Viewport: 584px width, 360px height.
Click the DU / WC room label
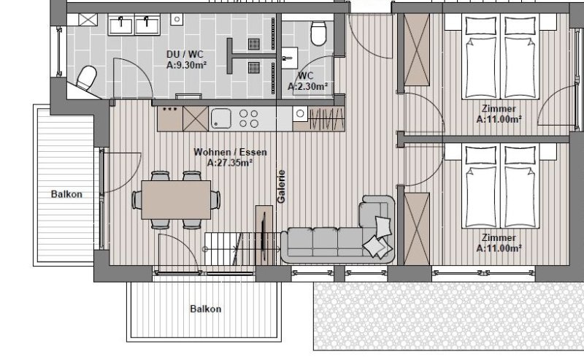coord(185,55)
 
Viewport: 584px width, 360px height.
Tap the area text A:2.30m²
coord(307,86)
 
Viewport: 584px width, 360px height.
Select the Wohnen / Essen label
coord(230,152)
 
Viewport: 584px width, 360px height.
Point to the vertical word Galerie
coord(281,186)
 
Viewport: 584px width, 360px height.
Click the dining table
coord(176,200)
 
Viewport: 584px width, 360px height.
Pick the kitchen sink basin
coord(221,118)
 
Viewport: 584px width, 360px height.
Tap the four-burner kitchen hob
coord(249,118)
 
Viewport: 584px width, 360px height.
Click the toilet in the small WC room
coord(318,33)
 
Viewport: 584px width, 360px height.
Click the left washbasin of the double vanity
coord(121,25)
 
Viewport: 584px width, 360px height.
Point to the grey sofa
coord(338,233)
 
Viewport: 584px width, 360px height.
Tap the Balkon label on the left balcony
coord(66,194)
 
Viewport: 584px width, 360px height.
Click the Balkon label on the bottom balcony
coord(206,309)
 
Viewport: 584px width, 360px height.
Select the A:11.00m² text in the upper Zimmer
coord(499,119)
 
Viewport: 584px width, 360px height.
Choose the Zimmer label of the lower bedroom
coord(499,238)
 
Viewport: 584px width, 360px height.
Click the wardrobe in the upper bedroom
coord(417,50)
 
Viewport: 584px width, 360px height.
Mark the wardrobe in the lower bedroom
coord(417,229)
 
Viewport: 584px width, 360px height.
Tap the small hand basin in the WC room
coord(289,58)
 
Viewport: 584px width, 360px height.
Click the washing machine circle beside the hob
coord(300,113)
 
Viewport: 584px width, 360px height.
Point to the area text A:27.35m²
coord(230,163)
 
